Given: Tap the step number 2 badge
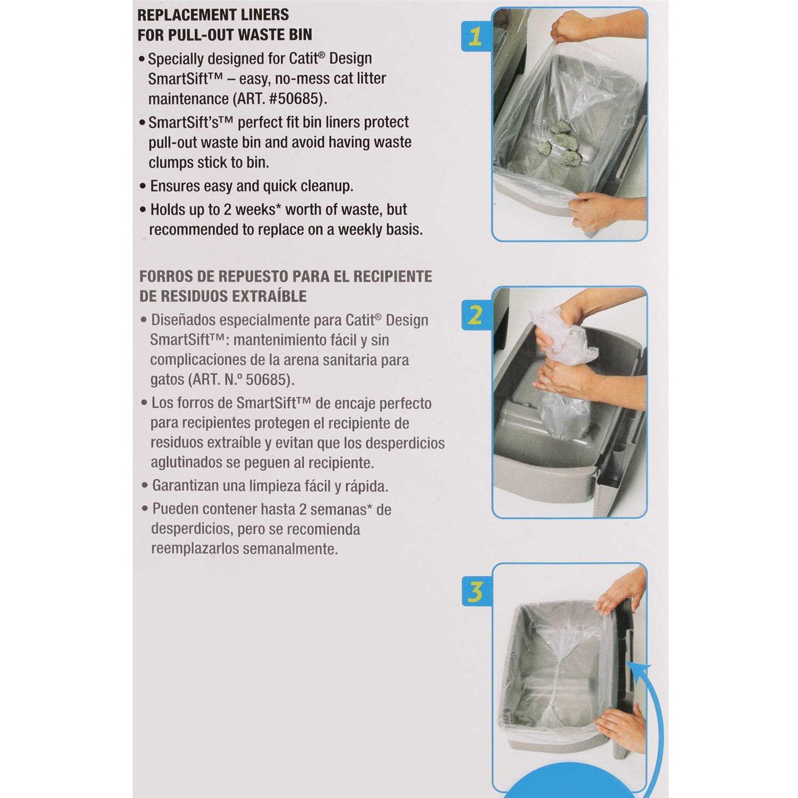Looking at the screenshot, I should (x=476, y=315).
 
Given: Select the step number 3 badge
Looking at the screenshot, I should (x=476, y=592).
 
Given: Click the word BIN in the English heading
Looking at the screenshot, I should (x=300, y=35).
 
